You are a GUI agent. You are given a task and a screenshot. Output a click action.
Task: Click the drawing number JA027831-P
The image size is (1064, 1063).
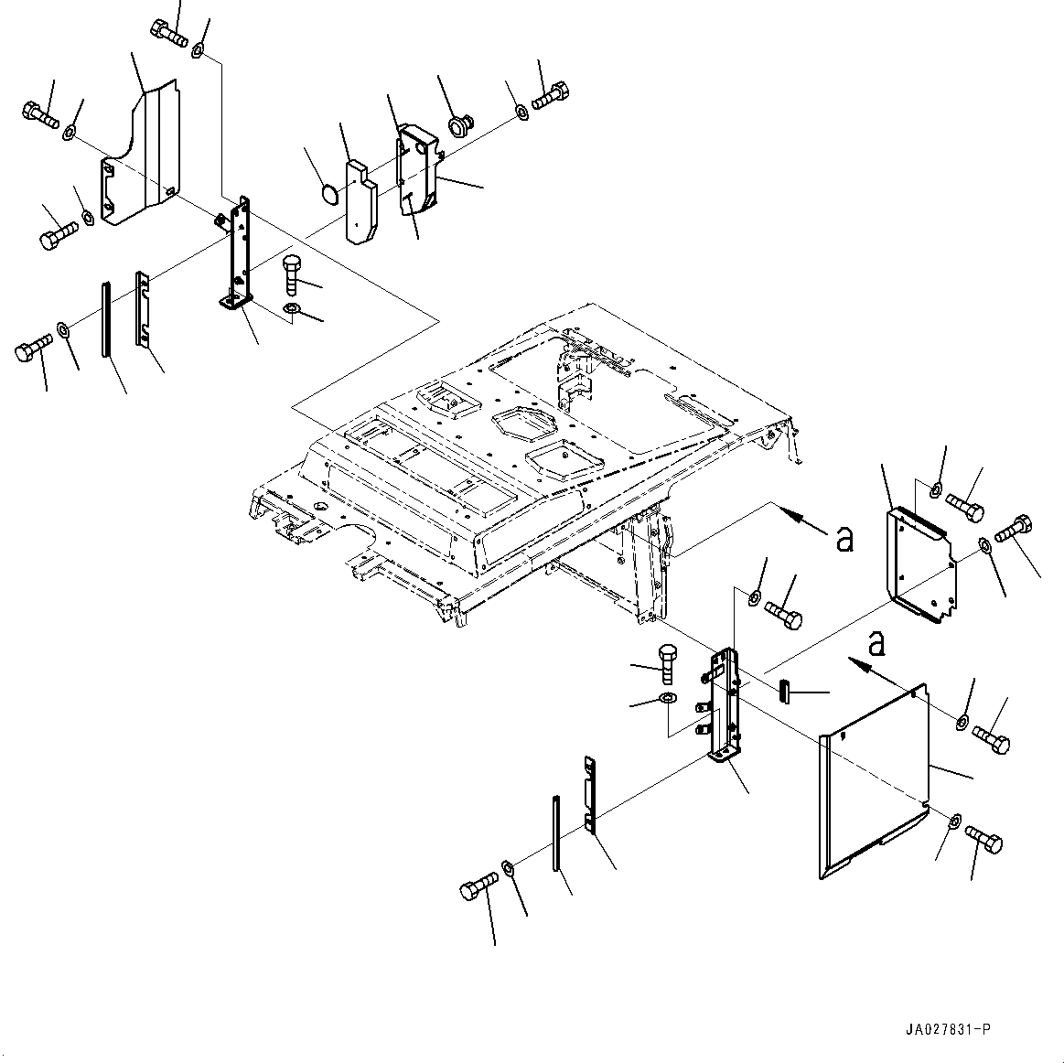[x=944, y=1030]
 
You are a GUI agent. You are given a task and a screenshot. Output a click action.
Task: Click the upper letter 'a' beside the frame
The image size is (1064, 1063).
[x=844, y=539]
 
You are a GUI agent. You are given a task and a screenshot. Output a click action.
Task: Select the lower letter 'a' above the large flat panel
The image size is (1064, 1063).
[x=876, y=644]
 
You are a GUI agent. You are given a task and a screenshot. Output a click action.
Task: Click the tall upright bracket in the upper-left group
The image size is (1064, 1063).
[x=240, y=256]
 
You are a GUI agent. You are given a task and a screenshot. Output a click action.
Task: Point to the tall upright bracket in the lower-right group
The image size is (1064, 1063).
[x=728, y=704]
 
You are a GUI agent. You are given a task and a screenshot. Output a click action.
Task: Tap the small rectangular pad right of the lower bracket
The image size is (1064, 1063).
[x=784, y=690]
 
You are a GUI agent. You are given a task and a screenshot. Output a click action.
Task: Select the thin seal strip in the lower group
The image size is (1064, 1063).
[x=555, y=836]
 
